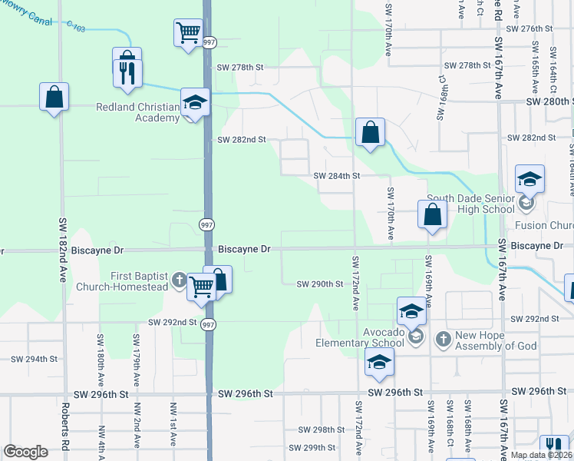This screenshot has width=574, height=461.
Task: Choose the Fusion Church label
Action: click(543, 226)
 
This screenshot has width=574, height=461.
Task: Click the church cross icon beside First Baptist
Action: click(179, 280)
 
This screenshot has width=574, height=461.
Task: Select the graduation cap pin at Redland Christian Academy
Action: click(195, 102)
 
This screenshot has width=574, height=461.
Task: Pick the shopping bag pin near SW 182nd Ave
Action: click(54, 98)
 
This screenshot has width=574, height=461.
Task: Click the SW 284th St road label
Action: click(337, 176)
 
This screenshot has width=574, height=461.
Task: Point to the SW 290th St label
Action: click(319, 284)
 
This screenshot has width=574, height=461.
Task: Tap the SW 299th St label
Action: click(312, 448)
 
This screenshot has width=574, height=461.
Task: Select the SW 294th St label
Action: click(35, 359)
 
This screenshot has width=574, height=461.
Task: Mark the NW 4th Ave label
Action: click(101, 442)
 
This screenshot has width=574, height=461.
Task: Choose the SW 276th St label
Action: click(530, 28)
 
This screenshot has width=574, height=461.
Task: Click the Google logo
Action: click(25, 452)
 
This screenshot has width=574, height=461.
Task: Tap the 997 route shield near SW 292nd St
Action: click(208, 325)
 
